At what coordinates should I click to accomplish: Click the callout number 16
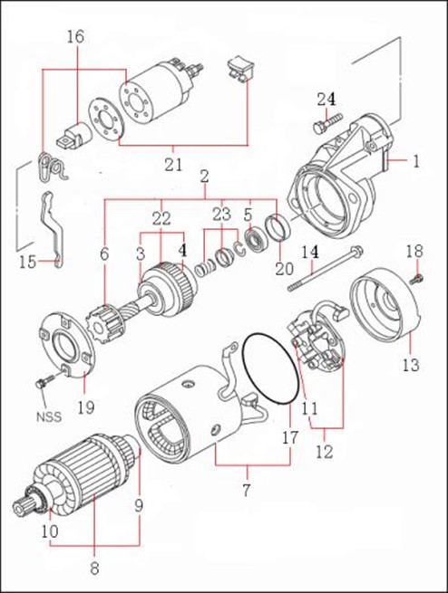point(76,37)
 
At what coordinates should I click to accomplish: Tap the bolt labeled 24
point(327,123)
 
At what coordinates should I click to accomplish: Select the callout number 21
point(173,164)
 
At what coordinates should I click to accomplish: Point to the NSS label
point(48,416)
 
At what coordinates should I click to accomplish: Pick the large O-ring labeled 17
point(269,369)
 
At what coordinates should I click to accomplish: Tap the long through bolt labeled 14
point(326,269)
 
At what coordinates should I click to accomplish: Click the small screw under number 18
point(416,279)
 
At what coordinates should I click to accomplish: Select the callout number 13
point(411,365)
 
